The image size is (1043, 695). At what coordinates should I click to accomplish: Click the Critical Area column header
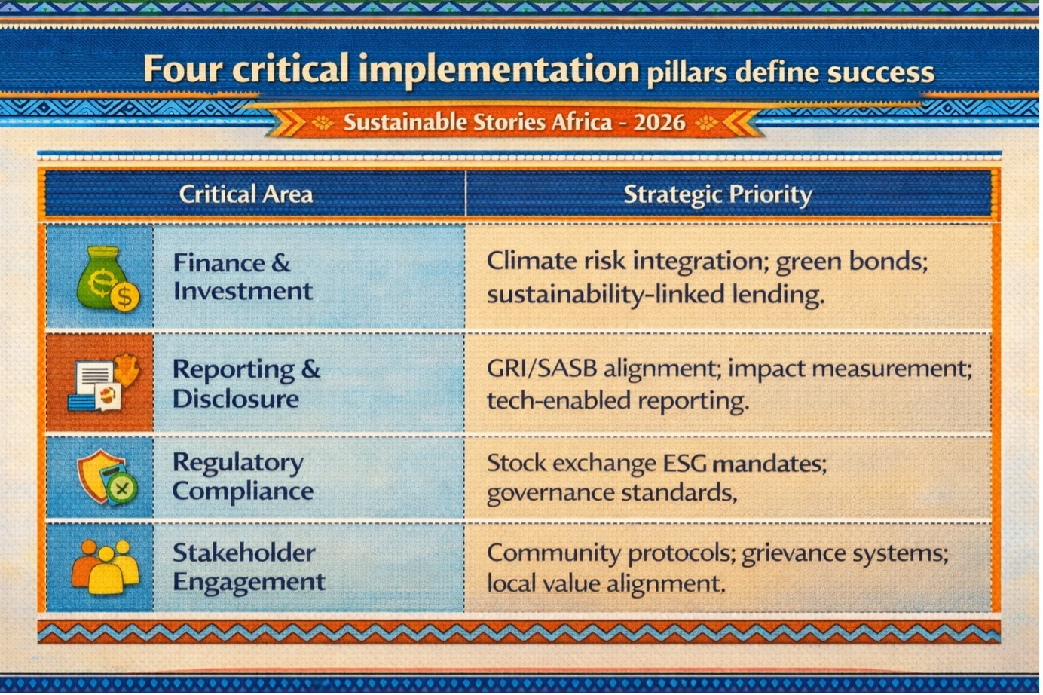pos(246,194)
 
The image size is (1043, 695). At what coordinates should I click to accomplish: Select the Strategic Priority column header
pos(717,194)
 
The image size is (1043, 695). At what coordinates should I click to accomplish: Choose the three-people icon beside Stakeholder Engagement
pos(106,566)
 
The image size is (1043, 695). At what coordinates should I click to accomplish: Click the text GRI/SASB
pos(542,369)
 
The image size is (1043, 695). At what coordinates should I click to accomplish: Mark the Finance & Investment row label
pos(242,277)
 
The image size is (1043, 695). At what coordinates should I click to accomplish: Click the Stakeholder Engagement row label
pos(249,567)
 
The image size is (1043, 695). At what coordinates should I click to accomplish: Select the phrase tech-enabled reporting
pos(618,401)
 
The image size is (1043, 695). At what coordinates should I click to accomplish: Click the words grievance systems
pos(844,554)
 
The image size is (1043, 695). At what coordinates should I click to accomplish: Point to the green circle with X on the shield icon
pos(122,488)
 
